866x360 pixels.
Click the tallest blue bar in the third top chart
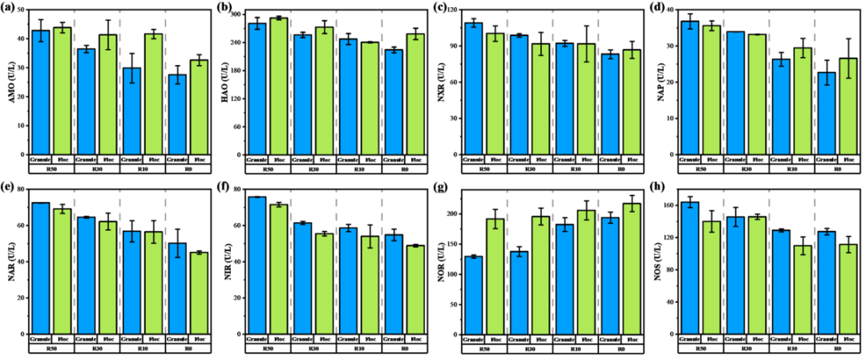[474, 89]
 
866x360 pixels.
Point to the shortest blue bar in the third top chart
[610, 105]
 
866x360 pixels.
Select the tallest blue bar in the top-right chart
[690, 88]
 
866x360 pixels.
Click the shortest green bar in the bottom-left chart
[199, 293]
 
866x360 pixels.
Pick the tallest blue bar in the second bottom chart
[257, 265]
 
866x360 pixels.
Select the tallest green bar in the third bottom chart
[632, 269]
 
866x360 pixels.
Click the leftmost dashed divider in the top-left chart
[74, 80]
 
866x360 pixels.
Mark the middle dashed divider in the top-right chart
[768, 80]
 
